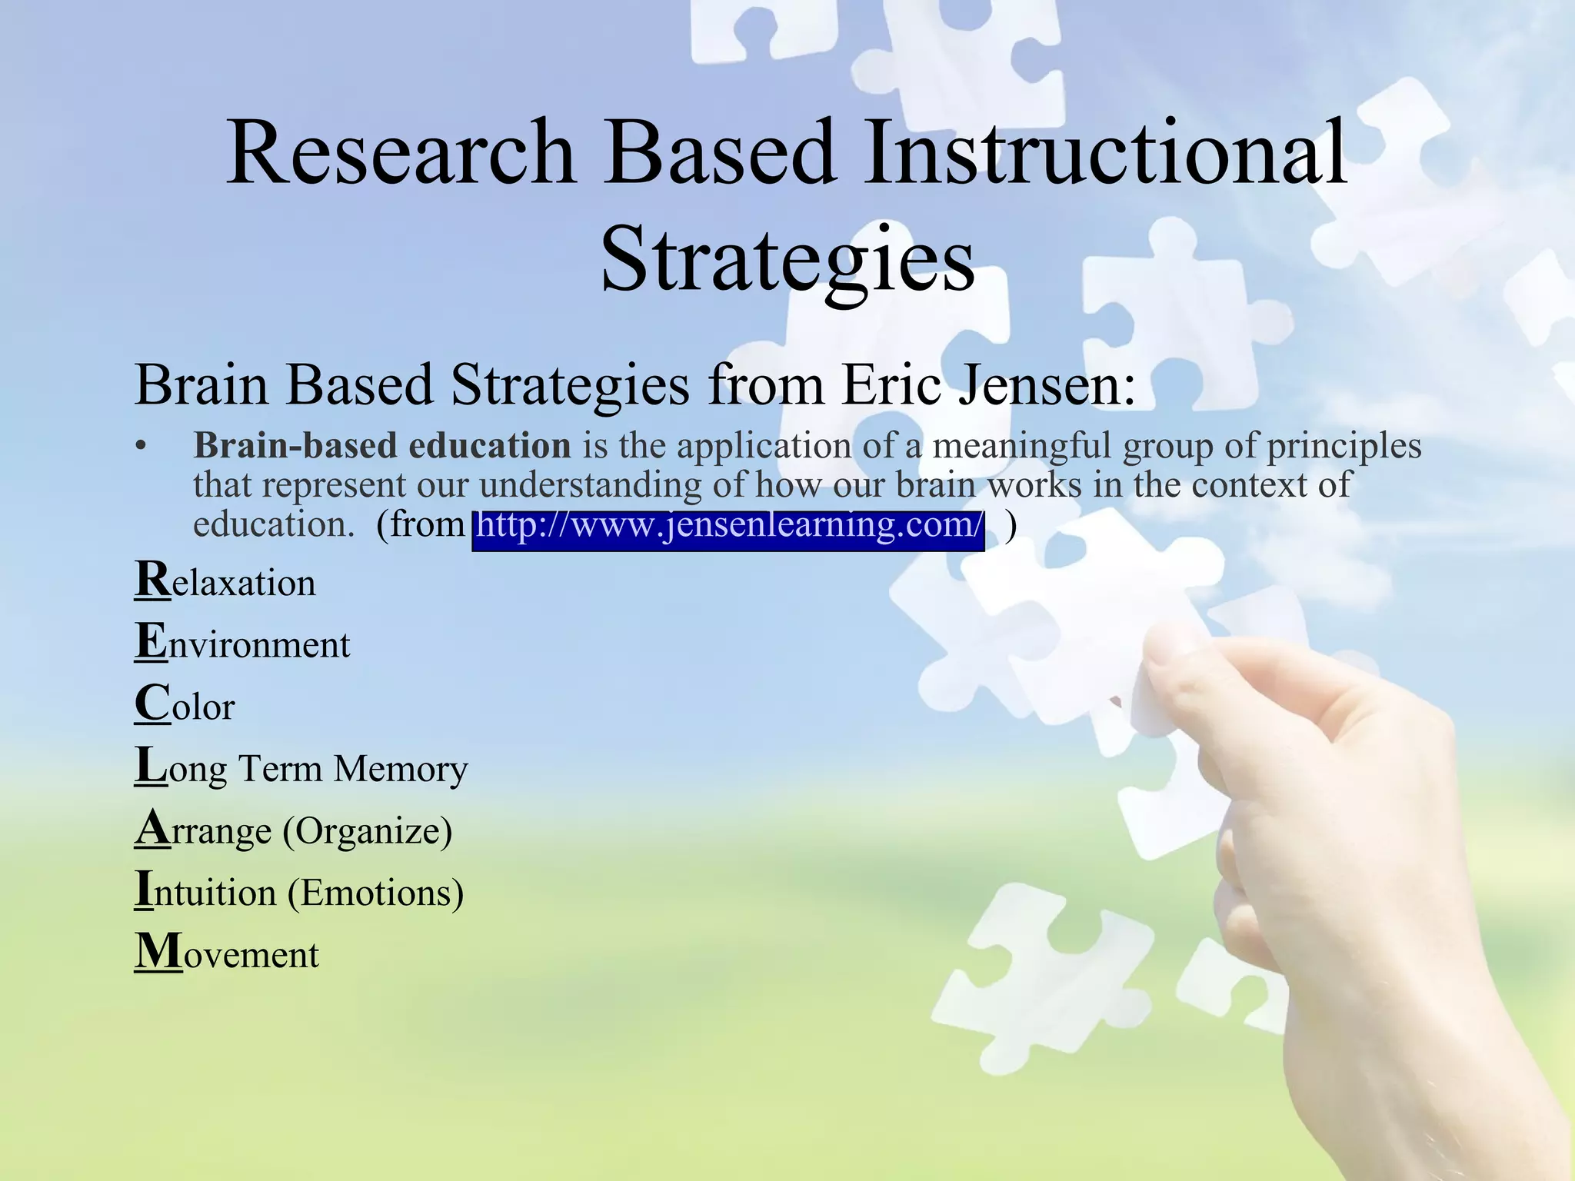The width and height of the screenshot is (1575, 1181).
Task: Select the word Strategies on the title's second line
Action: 787,258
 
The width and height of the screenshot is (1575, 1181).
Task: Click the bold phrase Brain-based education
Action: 381,446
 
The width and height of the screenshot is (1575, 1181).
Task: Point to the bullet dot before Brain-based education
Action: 140,447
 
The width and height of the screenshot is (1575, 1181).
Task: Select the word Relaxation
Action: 225,581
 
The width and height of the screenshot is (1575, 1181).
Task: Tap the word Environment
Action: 242,643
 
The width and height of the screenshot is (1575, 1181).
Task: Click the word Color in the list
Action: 185,704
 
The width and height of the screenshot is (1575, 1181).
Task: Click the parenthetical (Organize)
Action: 368,830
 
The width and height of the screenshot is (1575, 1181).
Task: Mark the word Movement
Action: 227,954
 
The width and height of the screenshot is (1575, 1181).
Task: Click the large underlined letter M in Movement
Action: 158,952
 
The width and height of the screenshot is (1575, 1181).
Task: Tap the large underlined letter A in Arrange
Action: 152,829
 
